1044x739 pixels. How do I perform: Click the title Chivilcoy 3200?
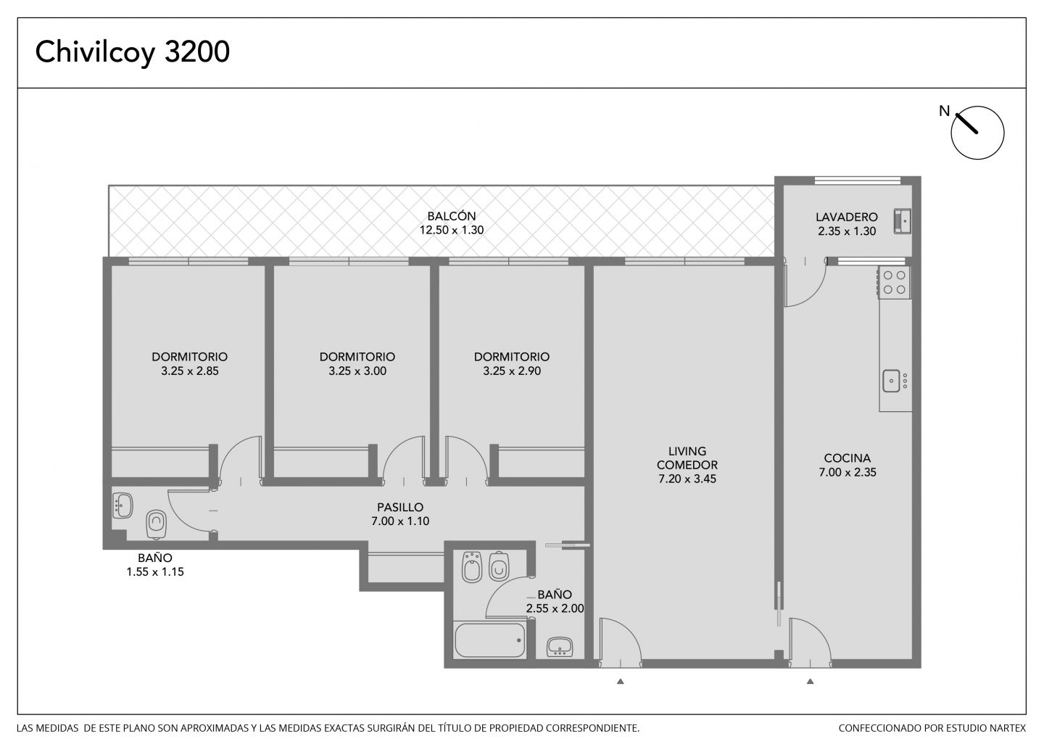133,52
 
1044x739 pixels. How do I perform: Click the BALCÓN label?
452,216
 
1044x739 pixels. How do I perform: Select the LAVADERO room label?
846,218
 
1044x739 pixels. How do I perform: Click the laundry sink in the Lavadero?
903,221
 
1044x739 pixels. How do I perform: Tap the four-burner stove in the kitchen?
895,283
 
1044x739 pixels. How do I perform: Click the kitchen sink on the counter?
891,381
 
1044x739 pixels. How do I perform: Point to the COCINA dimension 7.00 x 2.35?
848,472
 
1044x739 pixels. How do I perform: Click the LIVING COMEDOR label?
687,458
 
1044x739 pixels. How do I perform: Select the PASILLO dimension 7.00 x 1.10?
400,521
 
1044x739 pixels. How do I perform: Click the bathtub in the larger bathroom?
490,640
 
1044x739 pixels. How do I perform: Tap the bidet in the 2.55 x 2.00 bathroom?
472,567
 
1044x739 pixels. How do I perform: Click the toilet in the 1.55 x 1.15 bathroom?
156,524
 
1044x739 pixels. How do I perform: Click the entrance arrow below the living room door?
621,682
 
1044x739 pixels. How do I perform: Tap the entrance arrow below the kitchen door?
810,682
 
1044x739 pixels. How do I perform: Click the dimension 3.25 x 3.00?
357,371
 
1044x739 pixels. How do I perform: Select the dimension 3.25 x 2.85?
190,371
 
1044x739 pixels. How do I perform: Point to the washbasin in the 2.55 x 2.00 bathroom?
560,648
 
